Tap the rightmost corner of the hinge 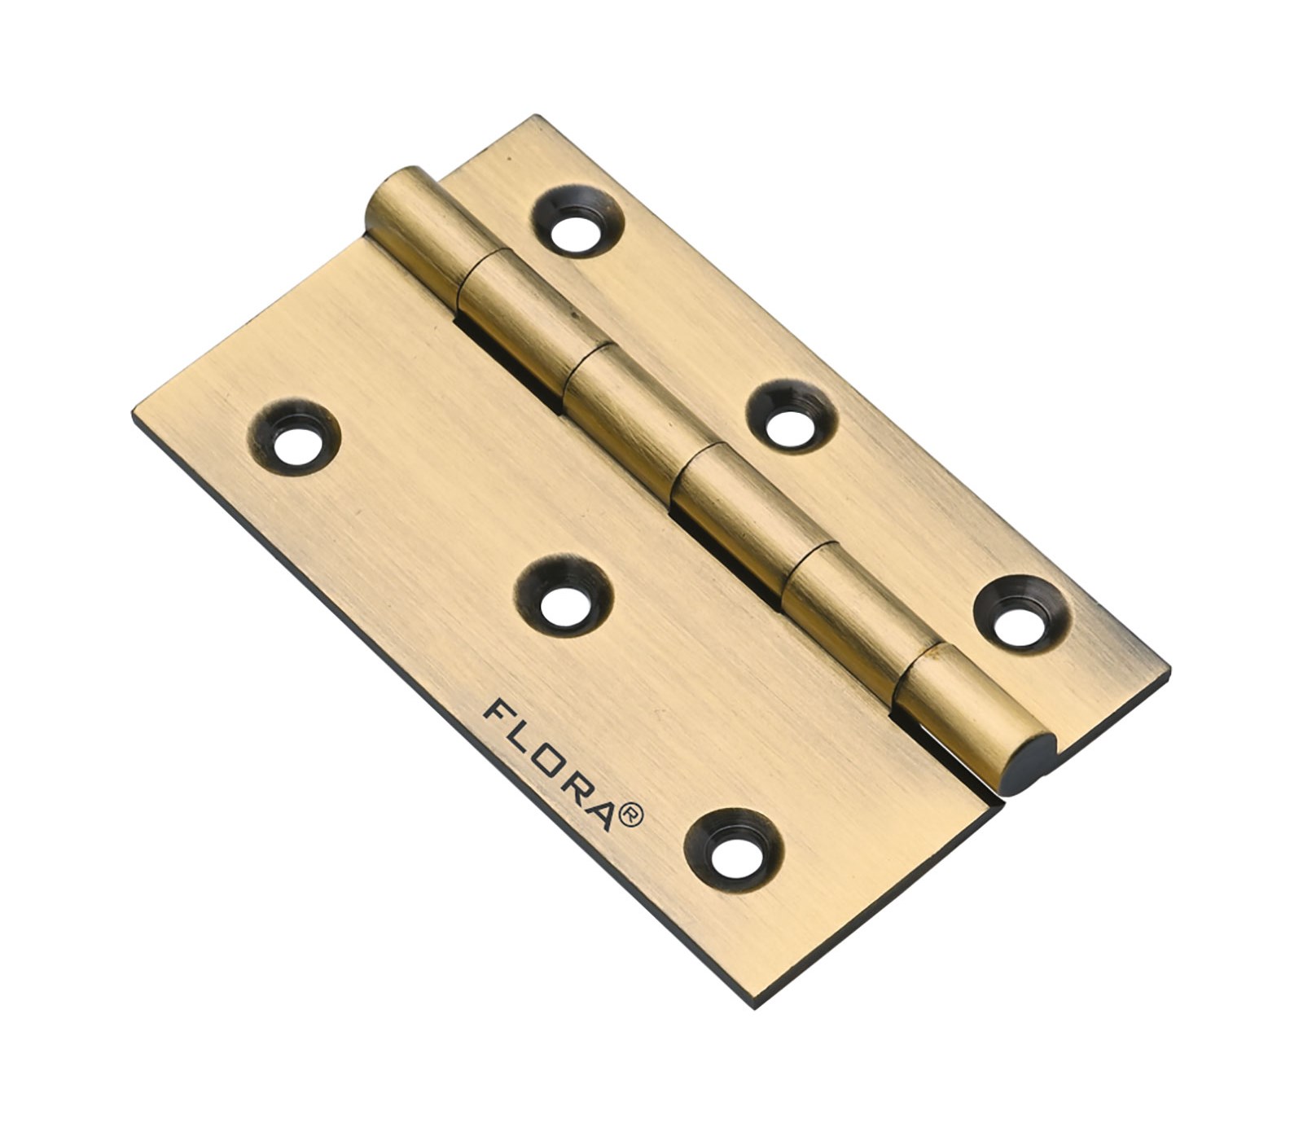pyautogui.click(x=1169, y=673)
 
